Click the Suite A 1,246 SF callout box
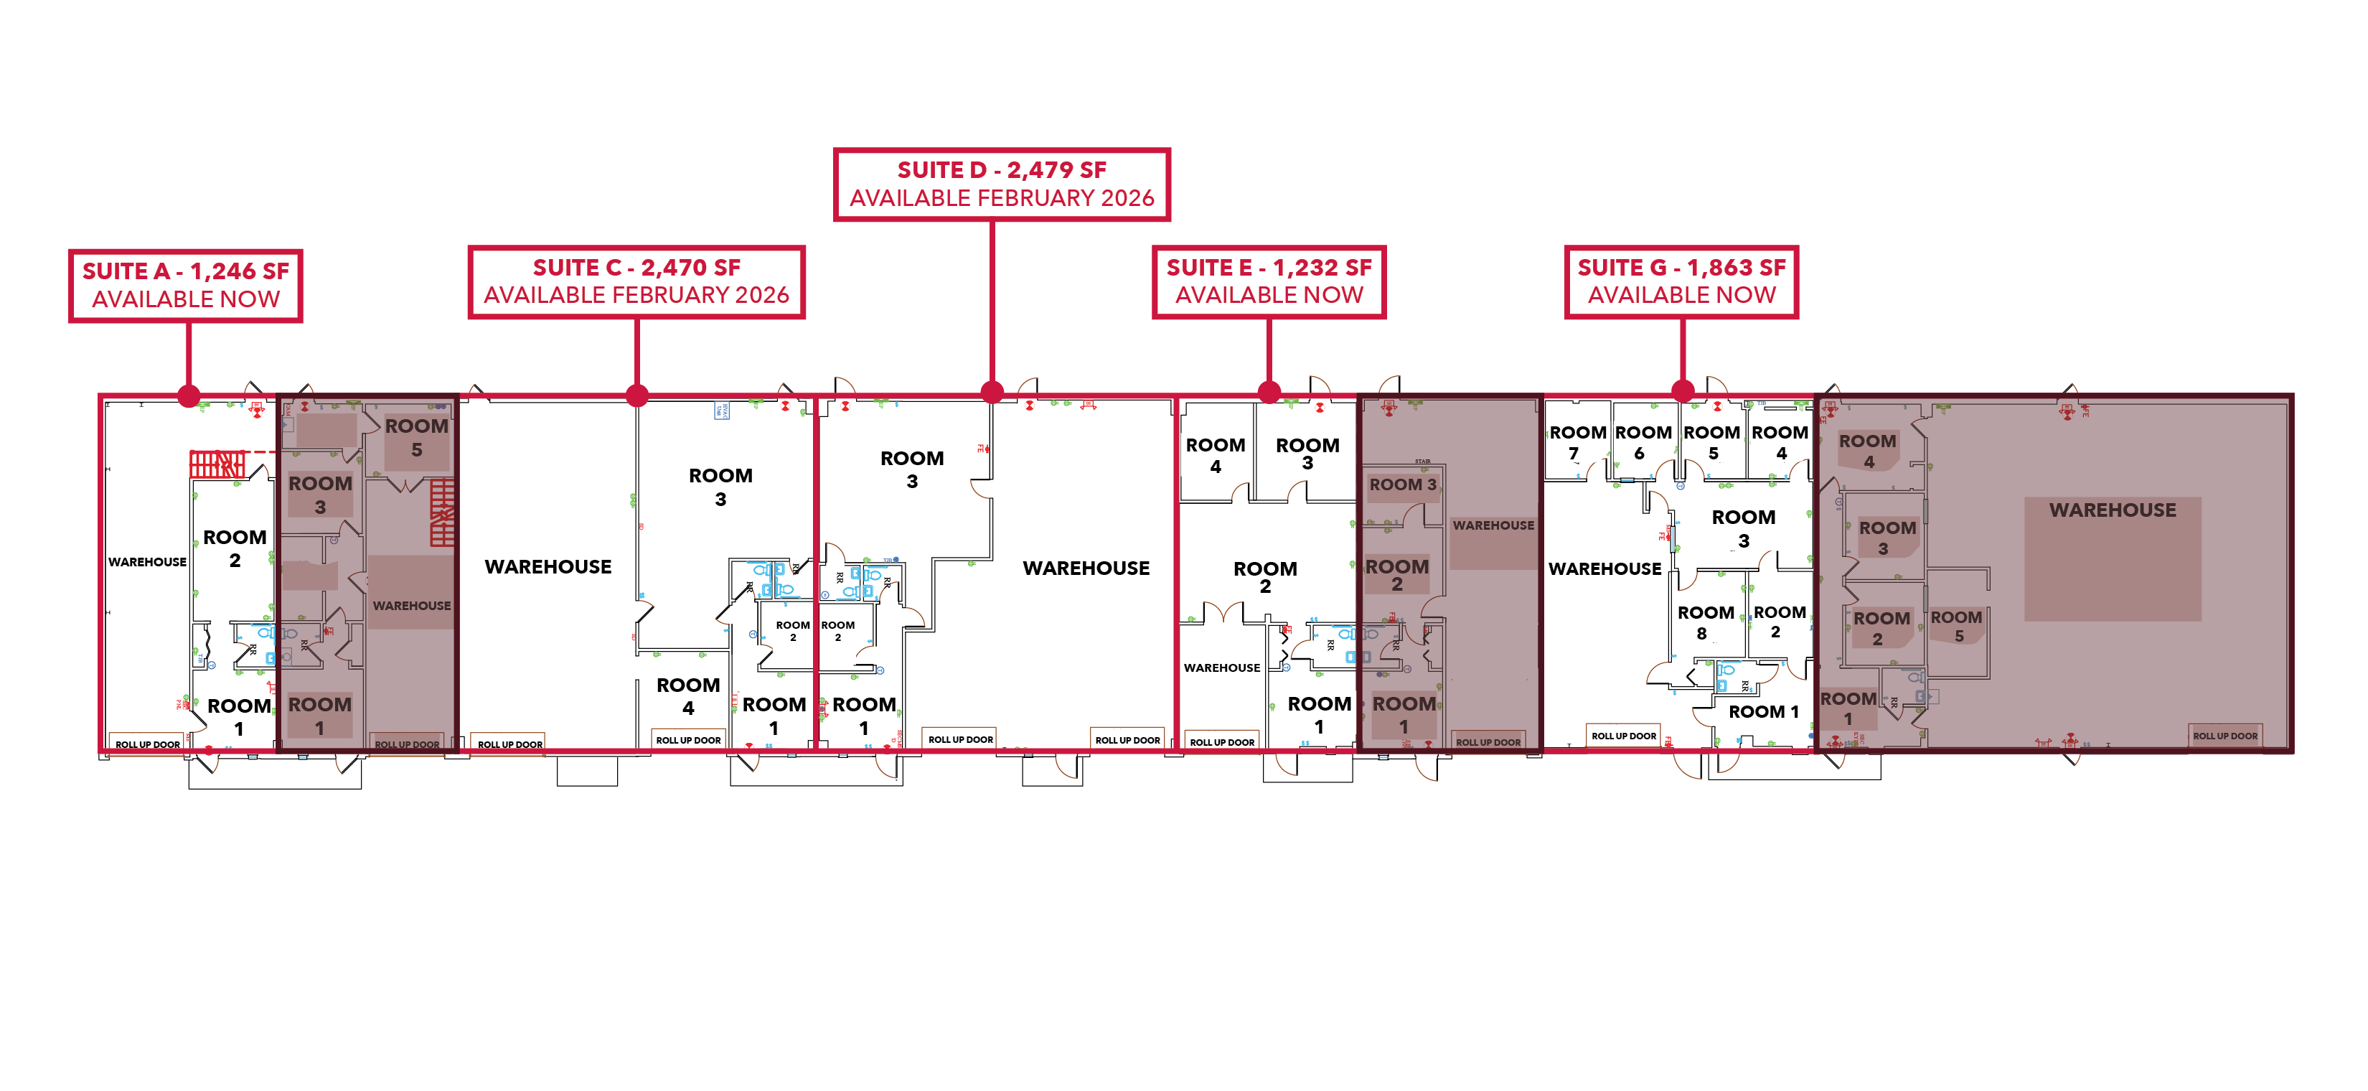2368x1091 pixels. (186, 285)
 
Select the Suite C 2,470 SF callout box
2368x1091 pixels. (636, 281)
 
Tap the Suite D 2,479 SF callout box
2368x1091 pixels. (1001, 184)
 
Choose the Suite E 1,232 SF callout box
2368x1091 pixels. (1269, 281)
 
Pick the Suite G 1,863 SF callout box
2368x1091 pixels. (1681, 281)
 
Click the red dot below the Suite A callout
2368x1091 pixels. (189, 396)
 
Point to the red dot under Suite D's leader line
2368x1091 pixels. (992, 393)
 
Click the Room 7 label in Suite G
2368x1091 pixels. (1577, 442)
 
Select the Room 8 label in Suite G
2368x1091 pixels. (1705, 622)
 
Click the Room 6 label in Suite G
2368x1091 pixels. (1643, 442)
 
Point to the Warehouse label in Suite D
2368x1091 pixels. (1086, 568)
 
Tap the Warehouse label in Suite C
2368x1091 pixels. (548, 566)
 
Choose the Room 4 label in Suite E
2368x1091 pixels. (1216, 455)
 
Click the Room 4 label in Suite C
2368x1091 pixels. (687, 696)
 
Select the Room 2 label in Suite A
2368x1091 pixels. (235, 548)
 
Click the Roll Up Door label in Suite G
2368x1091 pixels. (1623, 735)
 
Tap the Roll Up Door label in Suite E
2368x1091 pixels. (1222, 741)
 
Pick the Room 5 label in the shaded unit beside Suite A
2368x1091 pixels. (416, 438)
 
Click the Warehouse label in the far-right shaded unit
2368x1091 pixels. (2112, 510)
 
